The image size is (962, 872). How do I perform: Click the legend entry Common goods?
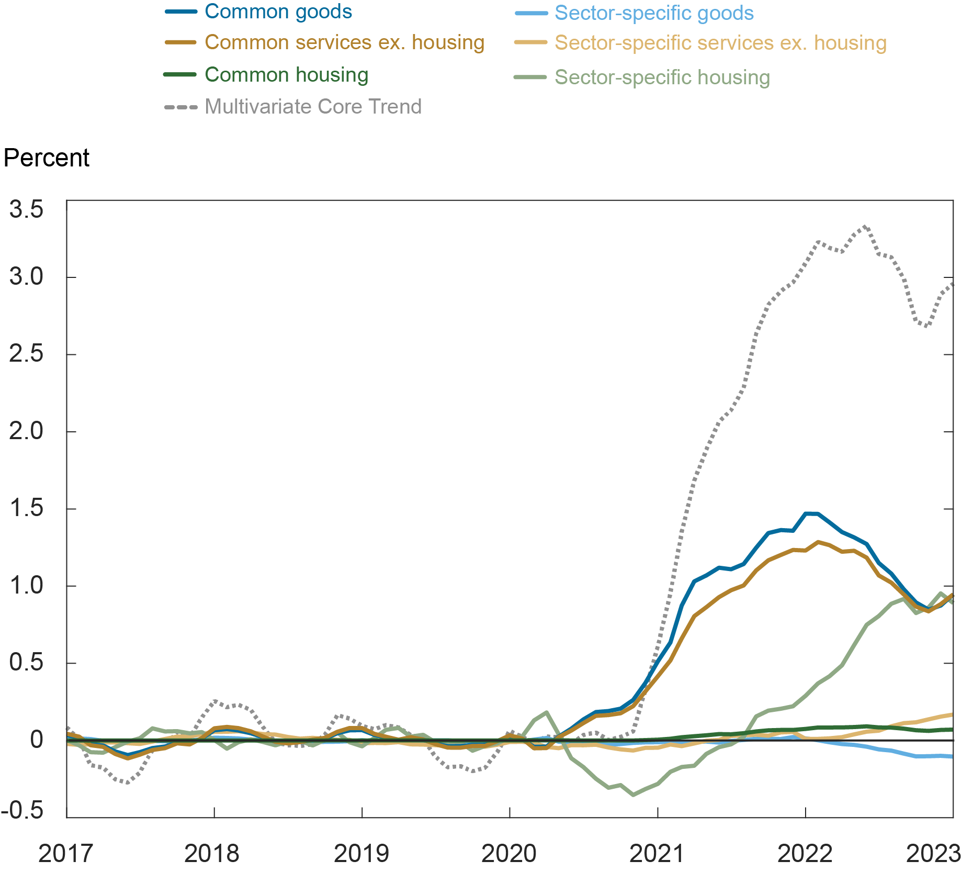[x=278, y=12]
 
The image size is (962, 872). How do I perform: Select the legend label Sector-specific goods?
[x=654, y=13]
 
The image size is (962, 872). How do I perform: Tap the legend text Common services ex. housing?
[x=344, y=42]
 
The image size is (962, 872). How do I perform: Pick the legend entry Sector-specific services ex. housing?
[x=720, y=43]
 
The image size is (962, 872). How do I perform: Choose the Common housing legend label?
[x=286, y=75]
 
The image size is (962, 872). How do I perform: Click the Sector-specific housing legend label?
[x=662, y=77]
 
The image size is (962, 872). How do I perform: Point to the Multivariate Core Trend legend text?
[x=313, y=107]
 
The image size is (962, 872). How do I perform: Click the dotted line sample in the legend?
[x=181, y=107]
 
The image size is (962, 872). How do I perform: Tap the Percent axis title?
[x=47, y=158]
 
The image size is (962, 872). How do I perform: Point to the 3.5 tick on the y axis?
[x=26, y=209]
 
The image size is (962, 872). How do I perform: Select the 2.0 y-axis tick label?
[x=26, y=432]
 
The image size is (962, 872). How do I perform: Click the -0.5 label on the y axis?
[x=22, y=810]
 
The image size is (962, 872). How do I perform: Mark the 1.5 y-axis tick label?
[x=26, y=509]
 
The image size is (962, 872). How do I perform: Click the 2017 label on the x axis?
[x=65, y=854]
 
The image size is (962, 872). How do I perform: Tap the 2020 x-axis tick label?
[x=509, y=854]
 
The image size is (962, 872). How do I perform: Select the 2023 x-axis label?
[x=933, y=854]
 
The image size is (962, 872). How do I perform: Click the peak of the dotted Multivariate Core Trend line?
[x=866, y=227]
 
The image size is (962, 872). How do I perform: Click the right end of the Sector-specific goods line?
[x=952, y=756]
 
